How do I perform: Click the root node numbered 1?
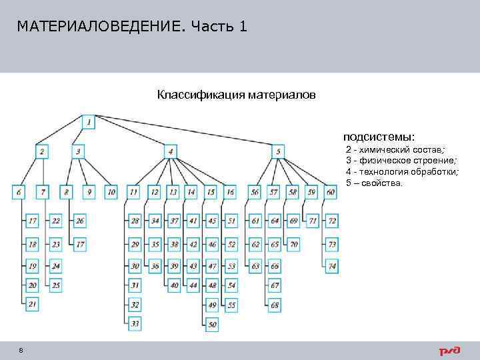coord(89,121)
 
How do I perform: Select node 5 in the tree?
coord(278,151)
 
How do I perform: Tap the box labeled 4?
coord(171,151)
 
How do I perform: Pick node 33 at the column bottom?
coord(135,324)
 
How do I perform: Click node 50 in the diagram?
coord(213,325)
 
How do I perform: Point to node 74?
coord(332,266)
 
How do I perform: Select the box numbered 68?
coord(275,305)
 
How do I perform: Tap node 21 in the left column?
coord(33,304)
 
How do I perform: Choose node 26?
coord(80,221)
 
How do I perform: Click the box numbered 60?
coord(331,192)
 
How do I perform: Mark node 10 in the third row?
coord(111,192)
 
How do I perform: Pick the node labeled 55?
coord(231,305)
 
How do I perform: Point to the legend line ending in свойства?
coord(374,182)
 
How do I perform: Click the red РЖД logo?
coord(451,351)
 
